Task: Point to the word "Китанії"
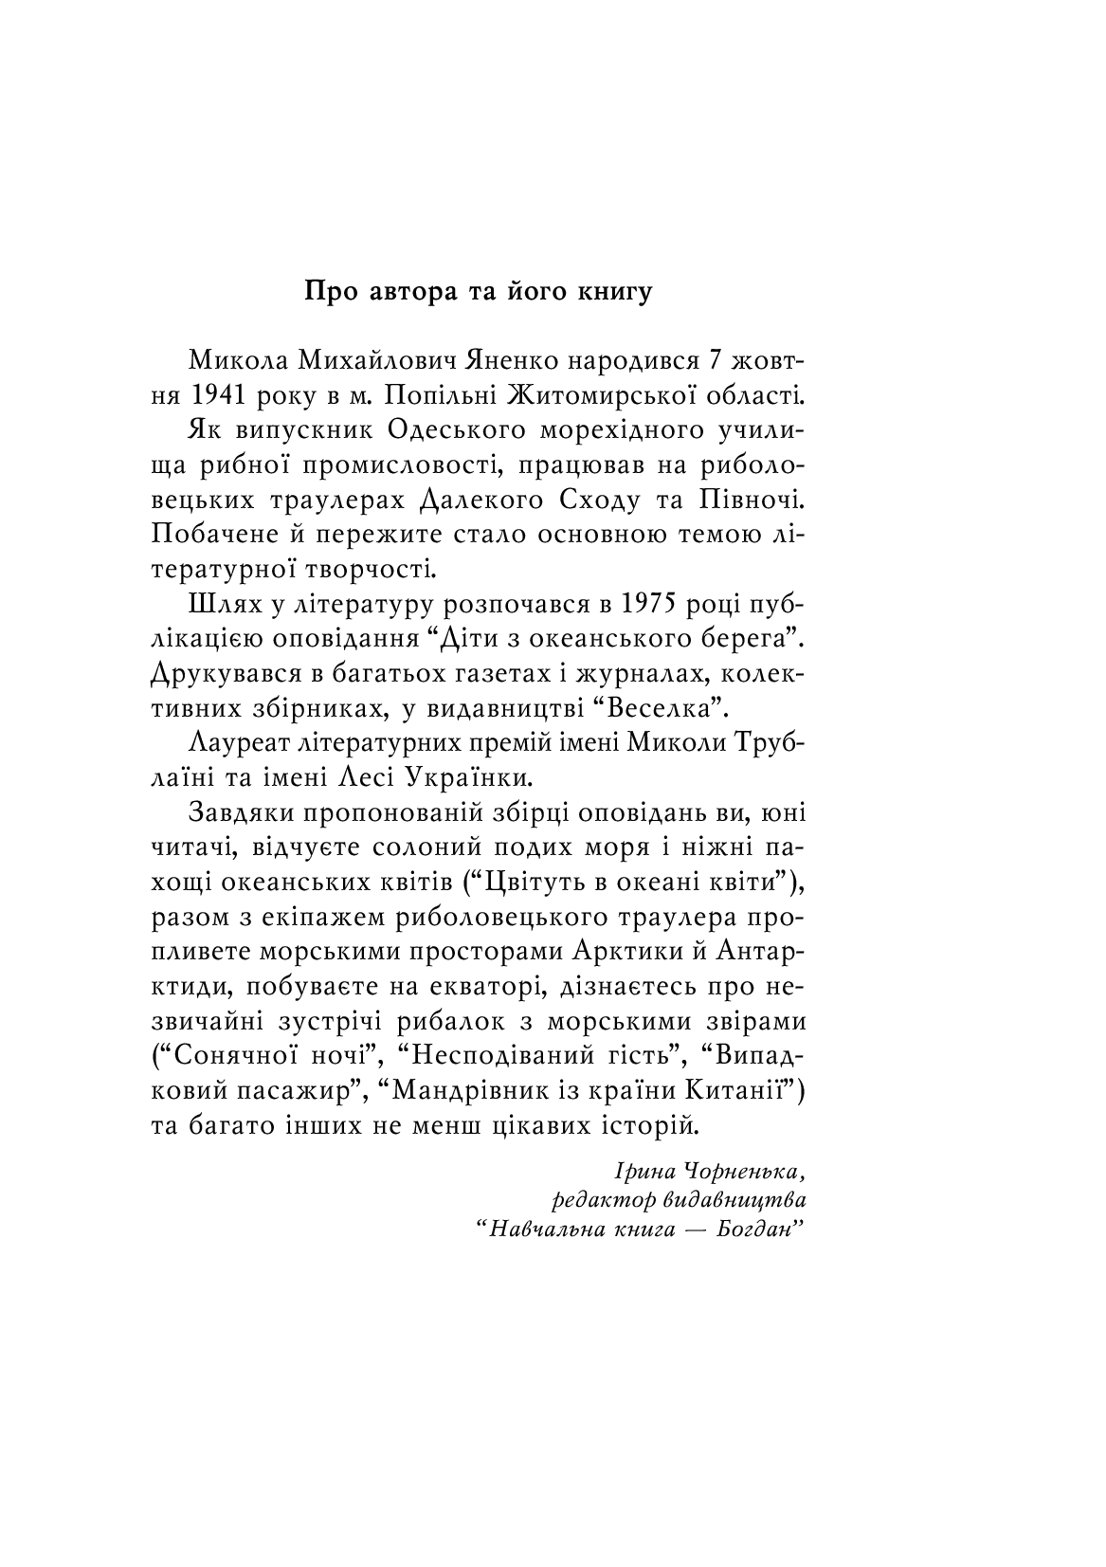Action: pyautogui.click(x=745, y=1090)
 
